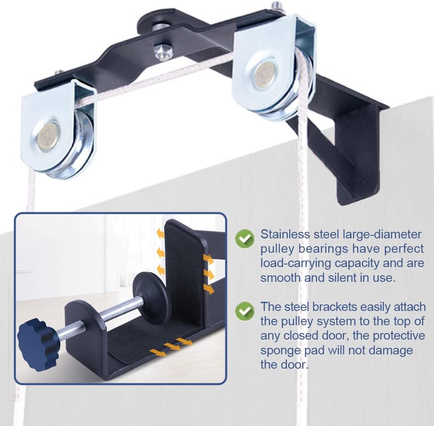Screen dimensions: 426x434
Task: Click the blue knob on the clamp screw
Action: (38, 337)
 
